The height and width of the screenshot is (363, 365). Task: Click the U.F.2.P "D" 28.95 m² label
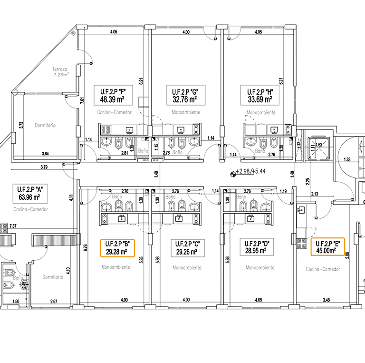(257, 248)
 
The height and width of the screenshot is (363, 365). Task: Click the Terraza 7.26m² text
(60, 72)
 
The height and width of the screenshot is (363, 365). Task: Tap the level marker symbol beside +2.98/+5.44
(233, 174)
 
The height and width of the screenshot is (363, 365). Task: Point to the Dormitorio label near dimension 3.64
(45, 126)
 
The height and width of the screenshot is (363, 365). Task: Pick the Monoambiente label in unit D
(259, 268)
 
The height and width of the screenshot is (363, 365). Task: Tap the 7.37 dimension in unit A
(13, 226)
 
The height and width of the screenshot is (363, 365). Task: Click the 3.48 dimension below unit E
(326, 300)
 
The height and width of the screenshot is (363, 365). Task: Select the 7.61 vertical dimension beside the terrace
(82, 101)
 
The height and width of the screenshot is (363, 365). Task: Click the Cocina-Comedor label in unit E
(323, 269)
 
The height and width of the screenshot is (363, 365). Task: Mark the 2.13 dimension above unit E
(315, 194)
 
